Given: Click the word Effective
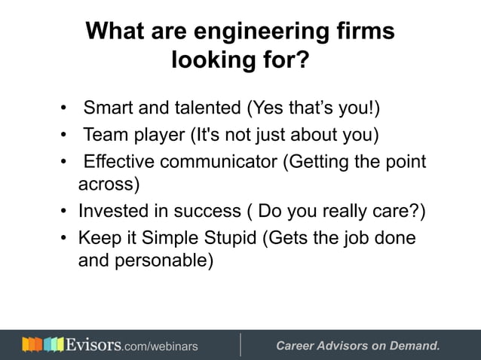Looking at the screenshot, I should [124, 162].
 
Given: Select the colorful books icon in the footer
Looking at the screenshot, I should [43, 346].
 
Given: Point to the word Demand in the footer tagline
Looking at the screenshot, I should [414, 346].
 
